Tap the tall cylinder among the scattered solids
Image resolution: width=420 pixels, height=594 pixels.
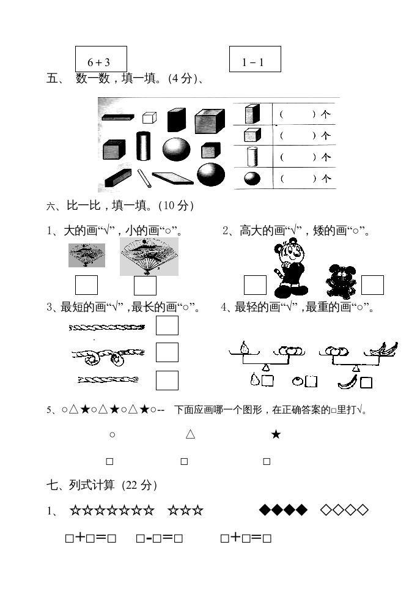coord(143,146)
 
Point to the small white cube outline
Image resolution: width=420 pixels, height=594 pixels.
coord(149,117)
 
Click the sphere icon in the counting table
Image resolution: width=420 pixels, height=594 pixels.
coord(252,179)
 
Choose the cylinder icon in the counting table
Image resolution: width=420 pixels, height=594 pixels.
coord(252,157)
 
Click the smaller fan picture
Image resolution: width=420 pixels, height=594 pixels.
coord(86,255)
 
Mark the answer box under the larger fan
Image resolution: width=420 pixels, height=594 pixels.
coord(145,286)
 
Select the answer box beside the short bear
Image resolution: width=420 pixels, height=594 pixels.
coord(372,285)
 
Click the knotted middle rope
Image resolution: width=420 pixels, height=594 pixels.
coord(108,355)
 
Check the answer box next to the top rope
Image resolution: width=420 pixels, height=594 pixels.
coord(167,325)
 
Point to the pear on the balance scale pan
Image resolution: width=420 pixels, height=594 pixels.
coord(245,347)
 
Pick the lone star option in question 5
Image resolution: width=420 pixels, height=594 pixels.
coord(276,434)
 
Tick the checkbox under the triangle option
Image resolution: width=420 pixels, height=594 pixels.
coord(184,461)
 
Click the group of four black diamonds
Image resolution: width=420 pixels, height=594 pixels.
coord(283,510)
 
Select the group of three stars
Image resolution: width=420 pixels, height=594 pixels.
coord(185,510)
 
